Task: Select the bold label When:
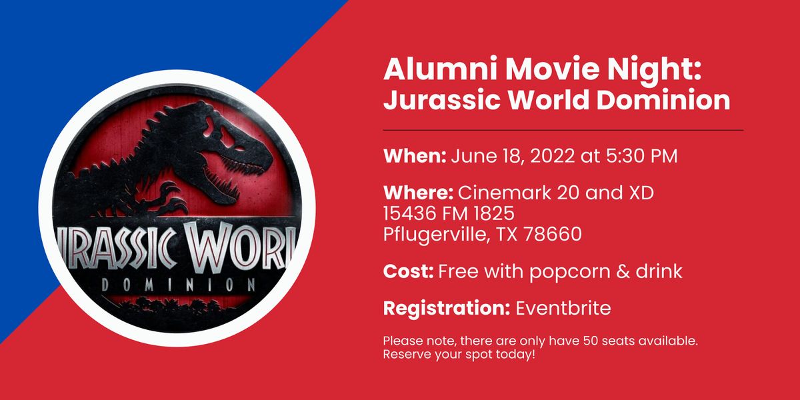[x=414, y=157]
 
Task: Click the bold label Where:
[x=418, y=194]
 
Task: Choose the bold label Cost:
[x=408, y=272]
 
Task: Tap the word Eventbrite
[x=563, y=309]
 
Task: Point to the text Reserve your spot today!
[x=459, y=354]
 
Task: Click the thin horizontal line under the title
[x=563, y=130]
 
